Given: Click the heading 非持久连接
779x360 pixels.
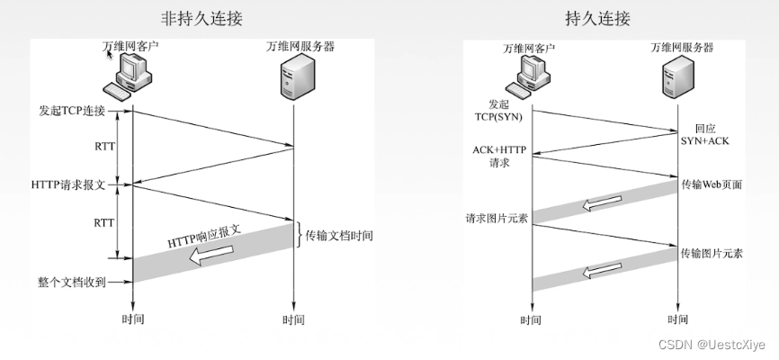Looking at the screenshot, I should [201, 17].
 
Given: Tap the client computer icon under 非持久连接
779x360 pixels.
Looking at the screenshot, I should [130, 76].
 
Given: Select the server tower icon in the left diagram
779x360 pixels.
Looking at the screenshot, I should [294, 76].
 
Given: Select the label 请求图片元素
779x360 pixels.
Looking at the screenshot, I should [495, 219].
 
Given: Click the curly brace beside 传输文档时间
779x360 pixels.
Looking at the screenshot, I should [300, 235].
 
